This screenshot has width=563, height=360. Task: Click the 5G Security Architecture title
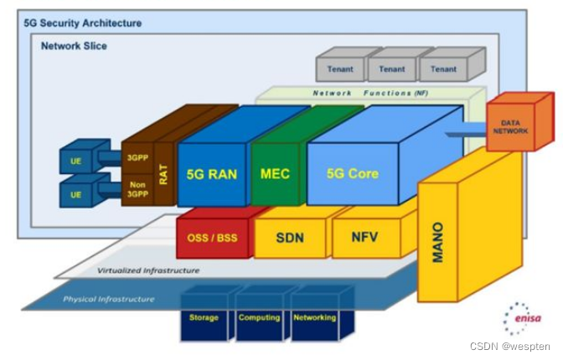83,23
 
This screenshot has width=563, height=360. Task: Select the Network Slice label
74,46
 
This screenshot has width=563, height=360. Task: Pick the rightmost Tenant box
444,69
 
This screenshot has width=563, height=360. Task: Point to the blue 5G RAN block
212,174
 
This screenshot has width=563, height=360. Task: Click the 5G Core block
352,174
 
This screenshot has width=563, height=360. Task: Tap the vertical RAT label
164,174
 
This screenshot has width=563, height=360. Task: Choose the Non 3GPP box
136,188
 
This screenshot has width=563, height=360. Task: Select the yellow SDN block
290,238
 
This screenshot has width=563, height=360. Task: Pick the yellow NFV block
365,237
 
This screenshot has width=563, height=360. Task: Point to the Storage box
204,318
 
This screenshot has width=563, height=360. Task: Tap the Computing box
260,318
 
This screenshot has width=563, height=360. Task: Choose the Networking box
315,318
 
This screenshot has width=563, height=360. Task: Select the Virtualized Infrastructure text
148,270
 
